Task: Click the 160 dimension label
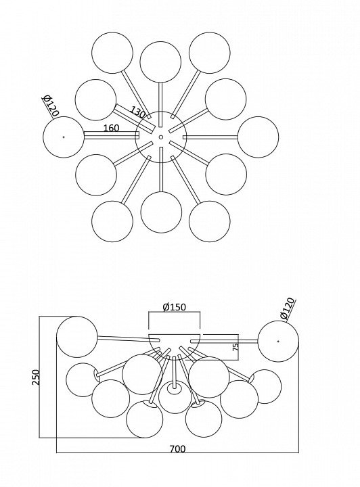tap(111, 128)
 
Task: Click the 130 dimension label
tap(137, 112)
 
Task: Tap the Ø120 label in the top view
tap(50, 106)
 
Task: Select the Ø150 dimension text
tap(175, 307)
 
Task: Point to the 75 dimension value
tap(235, 346)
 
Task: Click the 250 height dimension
tap(37, 377)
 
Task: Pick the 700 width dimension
tap(177, 449)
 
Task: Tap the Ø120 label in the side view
tap(288, 308)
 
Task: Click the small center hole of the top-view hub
tap(160, 137)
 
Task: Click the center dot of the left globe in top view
tap(64, 137)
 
